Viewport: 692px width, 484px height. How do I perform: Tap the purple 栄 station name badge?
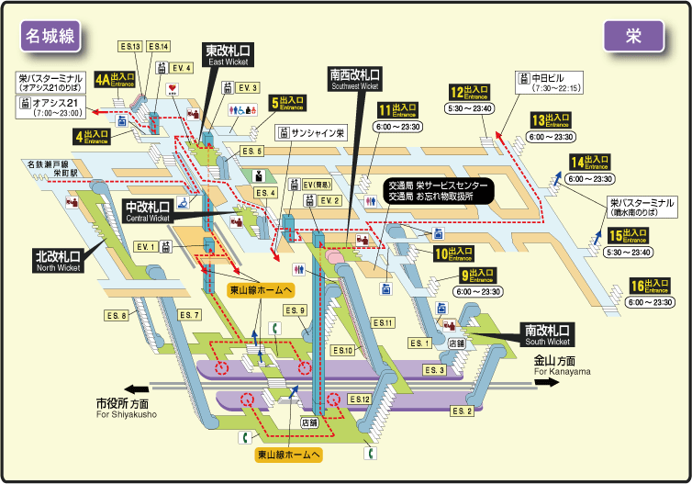point(633,35)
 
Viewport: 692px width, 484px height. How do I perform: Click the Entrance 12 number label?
point(469,92)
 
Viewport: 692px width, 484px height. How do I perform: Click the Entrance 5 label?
point(288,103)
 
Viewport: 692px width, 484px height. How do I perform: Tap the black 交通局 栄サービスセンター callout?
point(438,190)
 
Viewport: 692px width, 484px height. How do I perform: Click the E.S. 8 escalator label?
point(116,317)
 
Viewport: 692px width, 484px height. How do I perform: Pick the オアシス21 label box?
point(50,107)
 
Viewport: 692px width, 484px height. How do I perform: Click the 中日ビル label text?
point(554,77)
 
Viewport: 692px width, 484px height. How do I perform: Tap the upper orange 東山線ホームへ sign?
point(262,289)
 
